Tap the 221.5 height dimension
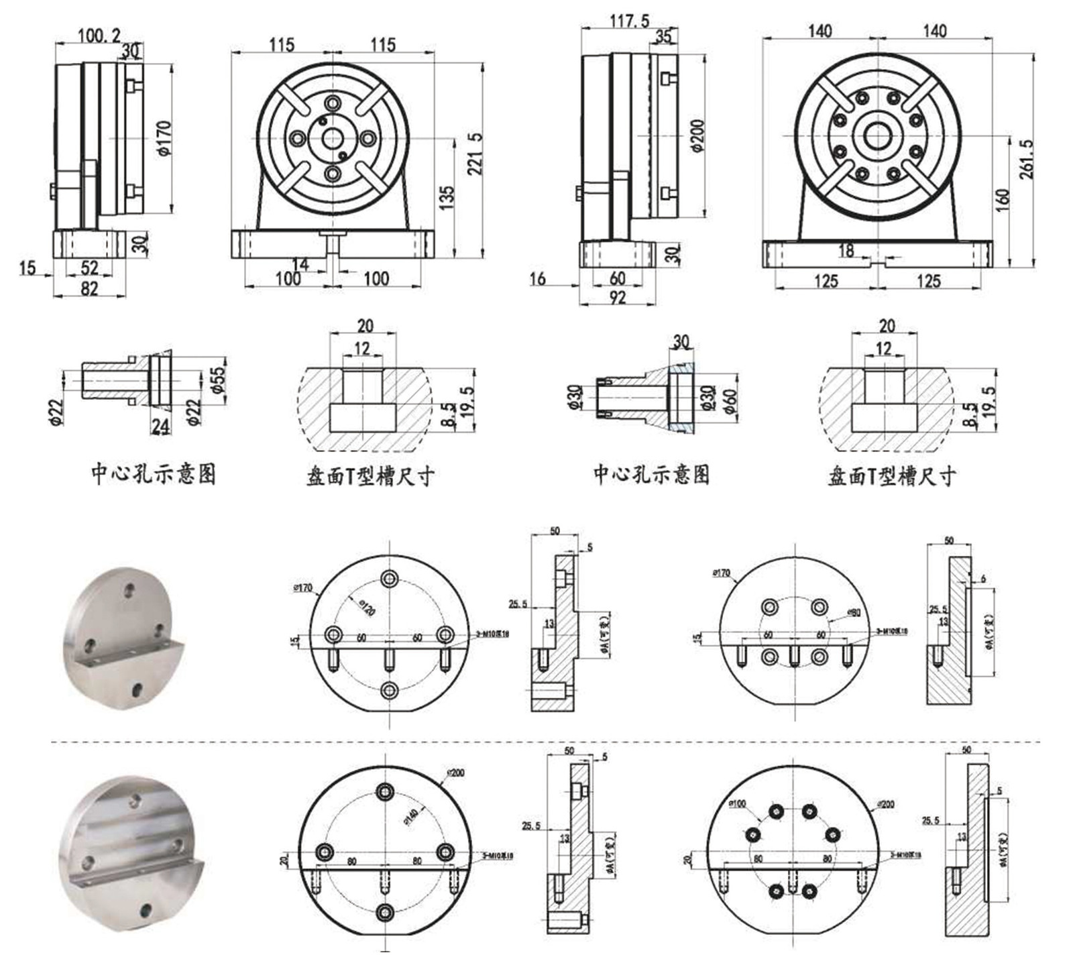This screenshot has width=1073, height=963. [475, 154]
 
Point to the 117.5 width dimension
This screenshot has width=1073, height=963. [629, 21]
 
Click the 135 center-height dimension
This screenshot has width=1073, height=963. [446, 199]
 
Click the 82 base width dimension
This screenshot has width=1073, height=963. [89, 288]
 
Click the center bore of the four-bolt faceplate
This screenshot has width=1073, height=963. [332, 138]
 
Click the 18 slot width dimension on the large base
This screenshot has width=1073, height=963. [846, 250]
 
